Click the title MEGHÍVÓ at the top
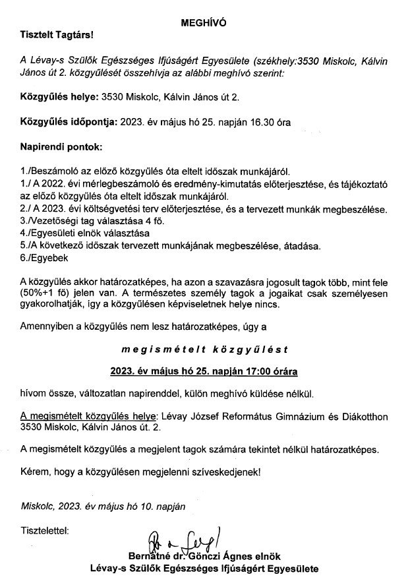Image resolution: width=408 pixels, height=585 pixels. [x=204, y=22]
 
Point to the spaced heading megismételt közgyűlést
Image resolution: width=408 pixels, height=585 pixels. [x=204, y=344]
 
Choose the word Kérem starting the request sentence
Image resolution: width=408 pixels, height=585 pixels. [x=35, y=472]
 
